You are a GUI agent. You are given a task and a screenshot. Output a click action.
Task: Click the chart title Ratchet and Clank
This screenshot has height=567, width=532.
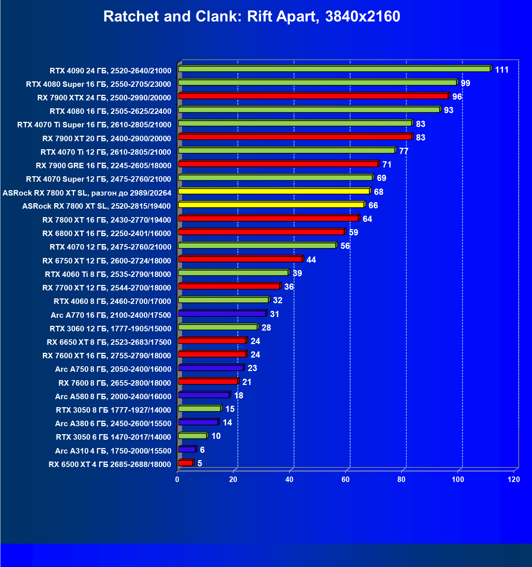251,17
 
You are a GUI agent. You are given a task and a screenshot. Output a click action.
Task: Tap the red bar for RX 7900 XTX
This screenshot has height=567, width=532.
313,96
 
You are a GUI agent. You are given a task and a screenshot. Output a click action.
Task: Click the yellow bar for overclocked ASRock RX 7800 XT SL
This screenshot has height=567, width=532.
274,191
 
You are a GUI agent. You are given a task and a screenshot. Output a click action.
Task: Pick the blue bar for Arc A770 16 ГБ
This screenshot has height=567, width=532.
222,313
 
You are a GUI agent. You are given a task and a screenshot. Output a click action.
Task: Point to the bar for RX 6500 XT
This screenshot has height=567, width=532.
185,463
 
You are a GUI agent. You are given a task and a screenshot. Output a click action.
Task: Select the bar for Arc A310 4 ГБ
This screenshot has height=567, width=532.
187,450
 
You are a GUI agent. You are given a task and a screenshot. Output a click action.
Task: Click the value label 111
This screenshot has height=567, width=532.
502,70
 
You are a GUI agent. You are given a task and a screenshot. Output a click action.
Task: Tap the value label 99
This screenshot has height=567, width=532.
465,83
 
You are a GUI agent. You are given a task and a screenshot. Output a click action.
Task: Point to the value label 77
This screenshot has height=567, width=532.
404,151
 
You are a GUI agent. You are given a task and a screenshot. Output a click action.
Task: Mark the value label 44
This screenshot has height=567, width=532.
311,260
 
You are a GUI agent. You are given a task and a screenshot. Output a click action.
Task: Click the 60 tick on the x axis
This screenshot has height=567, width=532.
345,479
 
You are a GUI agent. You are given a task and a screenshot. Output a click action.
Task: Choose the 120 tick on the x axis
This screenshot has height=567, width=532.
513,479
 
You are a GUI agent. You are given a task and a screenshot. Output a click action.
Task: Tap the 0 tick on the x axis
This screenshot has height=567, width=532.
177,479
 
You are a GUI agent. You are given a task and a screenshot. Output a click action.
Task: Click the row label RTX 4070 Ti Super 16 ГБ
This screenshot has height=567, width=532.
94,125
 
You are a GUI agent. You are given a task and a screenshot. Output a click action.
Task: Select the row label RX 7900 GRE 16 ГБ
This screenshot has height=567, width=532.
103,166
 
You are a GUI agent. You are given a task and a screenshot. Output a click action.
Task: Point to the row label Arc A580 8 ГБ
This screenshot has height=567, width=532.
113,397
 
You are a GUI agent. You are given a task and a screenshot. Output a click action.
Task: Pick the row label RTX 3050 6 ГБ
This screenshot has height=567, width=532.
113,437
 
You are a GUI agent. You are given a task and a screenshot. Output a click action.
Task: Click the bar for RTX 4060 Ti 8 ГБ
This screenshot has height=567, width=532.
233,273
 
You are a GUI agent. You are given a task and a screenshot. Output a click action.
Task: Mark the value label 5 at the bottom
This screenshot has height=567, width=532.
200,463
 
